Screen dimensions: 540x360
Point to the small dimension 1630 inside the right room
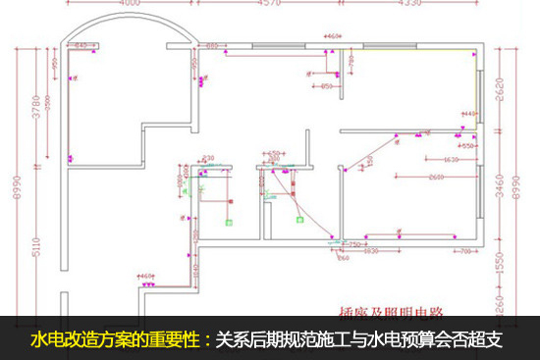tap(452, 159)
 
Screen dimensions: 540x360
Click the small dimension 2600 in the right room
tap(437, 178)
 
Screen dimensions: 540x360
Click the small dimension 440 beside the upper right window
tap(468, 115)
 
